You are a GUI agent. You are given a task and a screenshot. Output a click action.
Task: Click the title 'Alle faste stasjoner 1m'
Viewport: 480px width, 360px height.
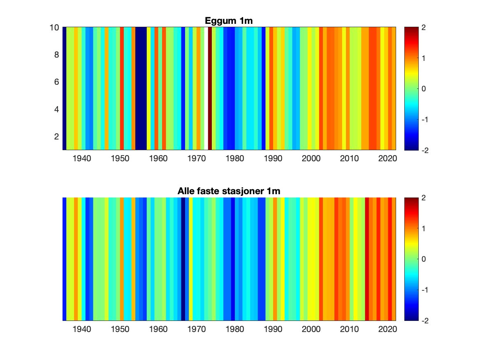(229, 191)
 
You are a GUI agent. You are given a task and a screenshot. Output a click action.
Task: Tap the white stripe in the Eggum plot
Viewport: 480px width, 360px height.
(206, 88)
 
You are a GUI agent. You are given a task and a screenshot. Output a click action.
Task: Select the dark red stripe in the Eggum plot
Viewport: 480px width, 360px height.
(210, 88)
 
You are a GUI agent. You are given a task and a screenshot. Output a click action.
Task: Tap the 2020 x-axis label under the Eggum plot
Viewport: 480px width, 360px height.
(387, 158)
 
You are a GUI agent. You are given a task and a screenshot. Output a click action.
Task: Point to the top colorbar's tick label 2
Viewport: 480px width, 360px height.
(423, 28)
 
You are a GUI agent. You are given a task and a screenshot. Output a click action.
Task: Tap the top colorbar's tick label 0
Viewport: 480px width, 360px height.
(423, 89)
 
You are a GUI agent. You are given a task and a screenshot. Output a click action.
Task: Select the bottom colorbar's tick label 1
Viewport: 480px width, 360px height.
(423, 228)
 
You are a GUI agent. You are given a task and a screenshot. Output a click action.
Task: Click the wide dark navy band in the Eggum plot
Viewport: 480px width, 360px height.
(141, 88)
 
